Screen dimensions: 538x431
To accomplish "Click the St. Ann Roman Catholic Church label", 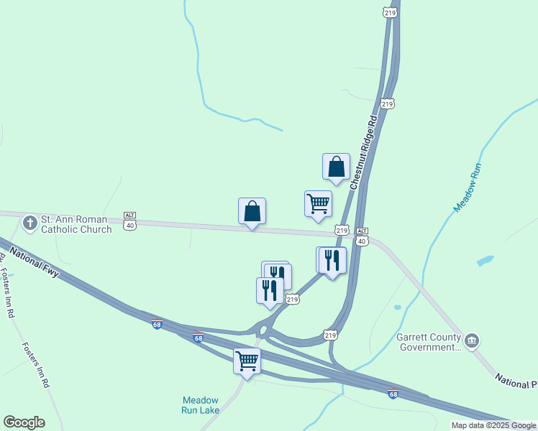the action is [x=76, y=224].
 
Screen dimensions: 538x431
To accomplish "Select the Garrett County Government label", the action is [x=428, y=342].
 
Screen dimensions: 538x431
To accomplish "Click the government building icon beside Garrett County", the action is [x=472, y=340].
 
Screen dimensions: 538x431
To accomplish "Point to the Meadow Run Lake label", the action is [x=200, y=405].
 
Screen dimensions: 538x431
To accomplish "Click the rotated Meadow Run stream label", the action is [x=467, y=187].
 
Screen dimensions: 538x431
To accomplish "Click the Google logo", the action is [x=24, y=422].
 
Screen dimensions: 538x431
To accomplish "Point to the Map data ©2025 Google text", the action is [x=493, y=425].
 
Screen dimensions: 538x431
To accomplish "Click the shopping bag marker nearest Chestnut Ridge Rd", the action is [x=336, y=167].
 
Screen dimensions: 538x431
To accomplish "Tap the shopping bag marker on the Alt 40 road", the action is [x=252, y=211].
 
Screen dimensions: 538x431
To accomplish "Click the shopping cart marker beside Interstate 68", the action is [x=247, y=361].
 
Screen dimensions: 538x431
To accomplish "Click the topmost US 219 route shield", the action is [x=390, y=13].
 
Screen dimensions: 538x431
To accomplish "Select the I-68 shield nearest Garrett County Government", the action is [x=393, y=394].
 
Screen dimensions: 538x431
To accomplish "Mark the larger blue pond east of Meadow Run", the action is [x=485, y=260].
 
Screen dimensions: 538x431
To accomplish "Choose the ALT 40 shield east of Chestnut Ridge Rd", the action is [x=362, y=236].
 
